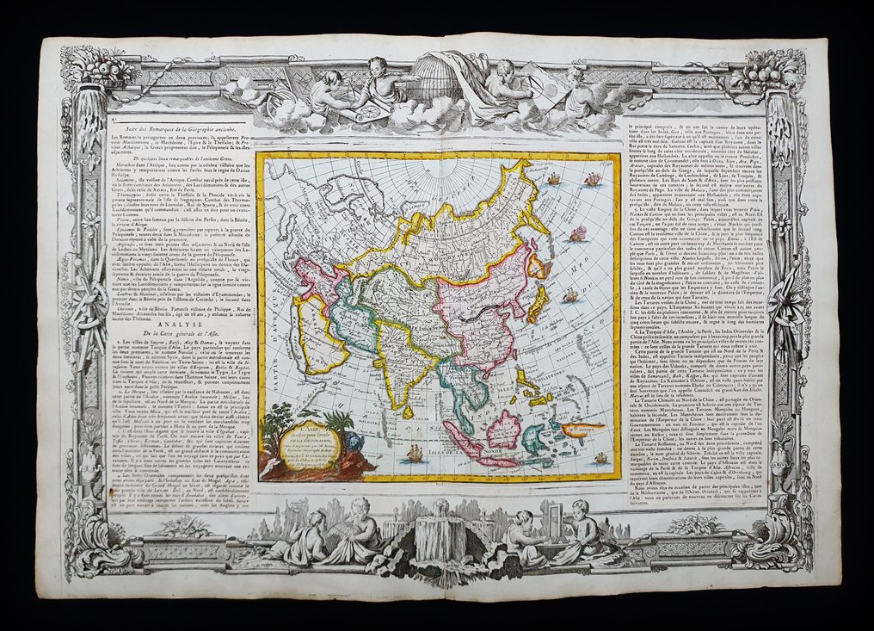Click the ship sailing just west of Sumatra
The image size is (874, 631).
[413, 452]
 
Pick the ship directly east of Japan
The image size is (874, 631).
[569, 296]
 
